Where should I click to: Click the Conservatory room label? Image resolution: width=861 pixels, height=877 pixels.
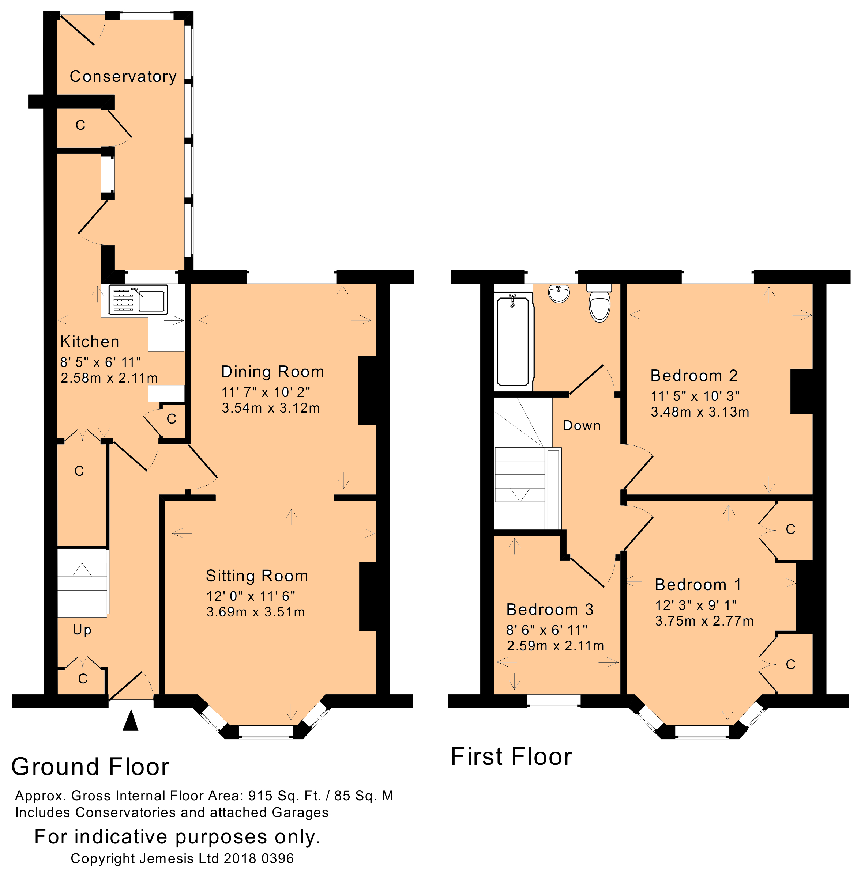pyautogui.click(x=123, y=76)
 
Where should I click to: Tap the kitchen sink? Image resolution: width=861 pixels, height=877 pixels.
pyautogui.click(x=138, y=300)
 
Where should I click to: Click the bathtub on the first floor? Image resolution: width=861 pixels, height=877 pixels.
pyautogui.click(x=513, y=341)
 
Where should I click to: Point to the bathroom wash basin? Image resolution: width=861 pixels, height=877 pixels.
pyautogui.click(x=559, y=293)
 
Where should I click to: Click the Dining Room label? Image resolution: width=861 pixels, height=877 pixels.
pyautogui.click(x=273, y=372)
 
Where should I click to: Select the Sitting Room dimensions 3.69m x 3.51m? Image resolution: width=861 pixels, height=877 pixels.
pyautogui.click(x=256, y=612)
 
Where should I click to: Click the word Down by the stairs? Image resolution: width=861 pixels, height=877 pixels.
pyautogui.click(x=582, y=426)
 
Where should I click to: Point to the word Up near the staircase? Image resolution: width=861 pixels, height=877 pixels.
pyautogui.click(x=82, y=630)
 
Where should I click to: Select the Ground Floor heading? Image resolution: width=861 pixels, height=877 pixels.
pyautogui.click(x=90, y=767)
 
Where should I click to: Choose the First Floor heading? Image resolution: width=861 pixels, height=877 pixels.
pyautogui.click(x=511, y=756)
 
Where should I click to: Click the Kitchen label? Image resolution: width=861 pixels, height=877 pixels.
pyautogui.click(x=90, y=342)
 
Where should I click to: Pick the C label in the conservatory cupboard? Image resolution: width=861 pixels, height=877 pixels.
pyautogui.click(x=80, y=125)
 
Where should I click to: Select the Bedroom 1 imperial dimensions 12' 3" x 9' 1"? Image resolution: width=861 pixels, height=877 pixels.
pyautogui.click(x=696, y=605)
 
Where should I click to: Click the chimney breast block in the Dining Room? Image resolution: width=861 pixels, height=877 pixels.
pyautogui.click(x=368, y=390)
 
